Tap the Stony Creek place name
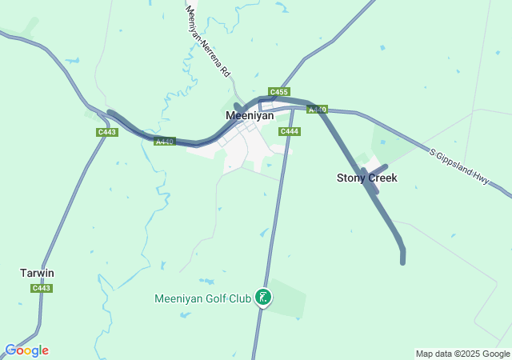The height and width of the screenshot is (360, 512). click(366, 178)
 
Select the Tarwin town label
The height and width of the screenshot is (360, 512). click(37, 273)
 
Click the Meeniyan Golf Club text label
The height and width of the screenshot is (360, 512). click(202, 298)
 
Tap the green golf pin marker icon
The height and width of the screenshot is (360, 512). click(262, 298)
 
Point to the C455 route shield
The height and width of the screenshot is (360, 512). click(279, 92)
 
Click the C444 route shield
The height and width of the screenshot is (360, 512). click(289, 131)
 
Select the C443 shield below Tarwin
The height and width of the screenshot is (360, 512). click(42, 288)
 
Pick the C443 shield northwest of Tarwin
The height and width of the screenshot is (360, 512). click(106, 132)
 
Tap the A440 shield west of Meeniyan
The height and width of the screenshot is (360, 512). click(164, 142)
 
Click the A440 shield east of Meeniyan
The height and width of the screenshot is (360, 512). click(318, 110)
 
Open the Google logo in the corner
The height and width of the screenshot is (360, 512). click(26, 350)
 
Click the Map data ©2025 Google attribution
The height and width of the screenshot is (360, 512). click(462, 354)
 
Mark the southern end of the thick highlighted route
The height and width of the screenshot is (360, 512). click(403, 260)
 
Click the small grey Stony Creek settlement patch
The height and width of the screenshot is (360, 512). click(371, 166)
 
